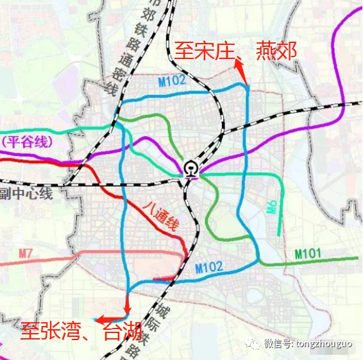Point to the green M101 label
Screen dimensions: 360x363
pos(308,254)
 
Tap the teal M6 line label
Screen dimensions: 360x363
pos(272,207)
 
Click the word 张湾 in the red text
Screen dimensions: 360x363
pos(60,333)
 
